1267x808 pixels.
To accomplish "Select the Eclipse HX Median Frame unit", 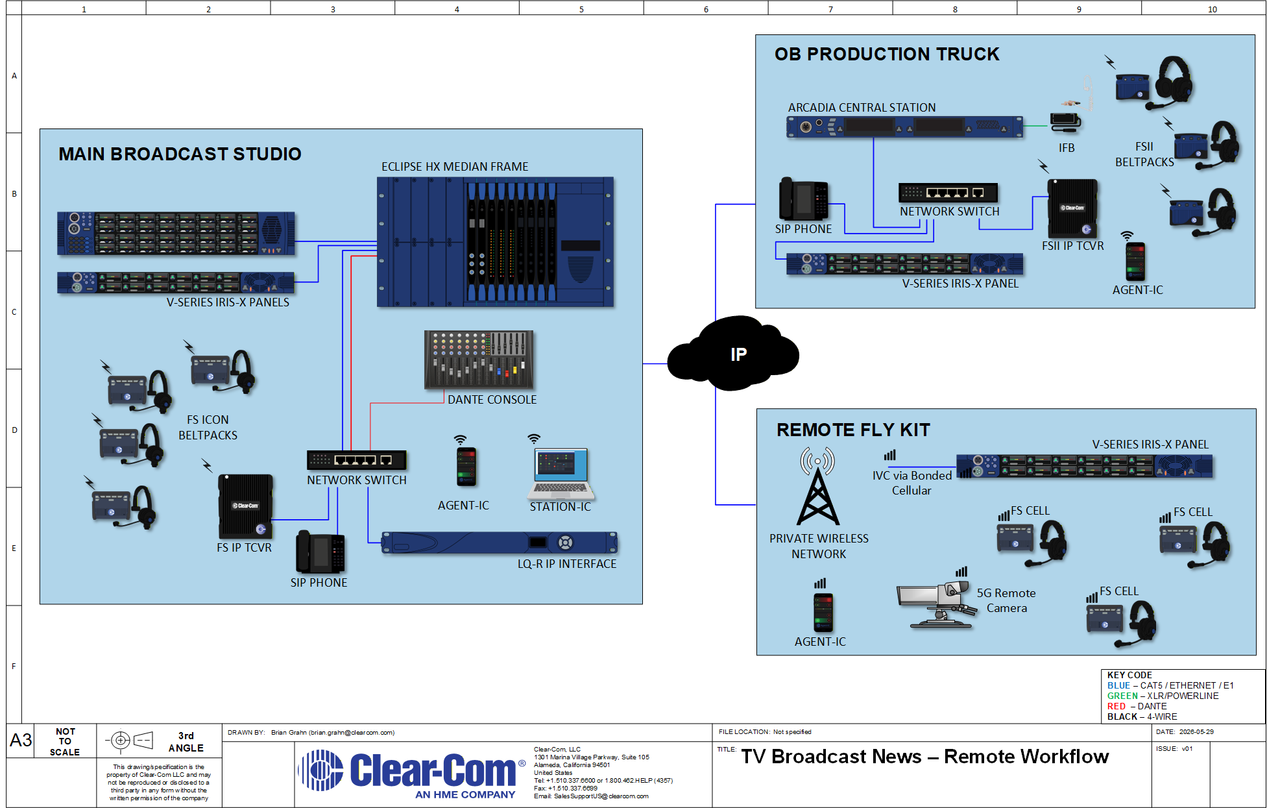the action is (x=496, y=241).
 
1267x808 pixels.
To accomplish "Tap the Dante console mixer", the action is (x=479, y=360).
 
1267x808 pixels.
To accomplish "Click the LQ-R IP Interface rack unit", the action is (x=500, y=543).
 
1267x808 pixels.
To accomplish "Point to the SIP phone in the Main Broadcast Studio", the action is (x=320, y=552).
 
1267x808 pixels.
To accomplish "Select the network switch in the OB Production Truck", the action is (x=948, y=193).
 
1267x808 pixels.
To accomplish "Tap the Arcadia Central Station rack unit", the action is (x=905, y=127).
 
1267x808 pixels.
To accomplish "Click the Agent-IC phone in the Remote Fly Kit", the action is (x=823, y=613).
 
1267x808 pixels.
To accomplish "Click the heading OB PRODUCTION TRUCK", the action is (x=887, y=55).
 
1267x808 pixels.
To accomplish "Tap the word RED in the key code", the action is (x=1116, y=706).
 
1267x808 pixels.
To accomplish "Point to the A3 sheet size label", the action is (x=21, y=740).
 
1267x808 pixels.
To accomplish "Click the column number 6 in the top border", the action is (x=706, y=9).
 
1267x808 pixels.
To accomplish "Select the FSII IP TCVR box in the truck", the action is (x=1072, y=208).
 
